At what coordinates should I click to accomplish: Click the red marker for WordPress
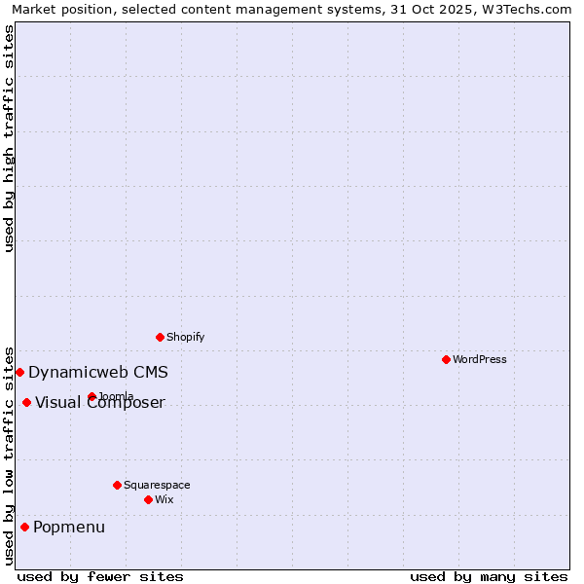(446, 359)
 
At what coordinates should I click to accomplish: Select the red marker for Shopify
(160, 337)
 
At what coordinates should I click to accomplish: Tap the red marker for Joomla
(91, 396)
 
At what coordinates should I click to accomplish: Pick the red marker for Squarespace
(117, 485)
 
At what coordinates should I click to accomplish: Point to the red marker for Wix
(148, 499)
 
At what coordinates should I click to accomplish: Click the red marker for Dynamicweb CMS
(19, 372)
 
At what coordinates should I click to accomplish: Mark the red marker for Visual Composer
(26, 402)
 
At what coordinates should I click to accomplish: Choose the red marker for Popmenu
(24, 527)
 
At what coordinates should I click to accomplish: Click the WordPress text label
(480, 359)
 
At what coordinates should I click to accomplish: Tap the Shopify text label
(186, 337)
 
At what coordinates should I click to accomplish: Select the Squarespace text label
(157, 485)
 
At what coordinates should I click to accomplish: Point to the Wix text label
(164, 499)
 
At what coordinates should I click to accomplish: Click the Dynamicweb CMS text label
(98, 372)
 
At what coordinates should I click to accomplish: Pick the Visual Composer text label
(100, 403)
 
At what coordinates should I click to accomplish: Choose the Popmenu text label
(69, 528)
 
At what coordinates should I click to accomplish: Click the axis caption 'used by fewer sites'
(100, 576)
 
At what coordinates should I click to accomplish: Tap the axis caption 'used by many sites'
(489, 576)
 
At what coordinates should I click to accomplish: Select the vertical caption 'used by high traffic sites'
(9, 138)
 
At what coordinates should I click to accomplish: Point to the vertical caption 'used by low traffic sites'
(9, 455)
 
